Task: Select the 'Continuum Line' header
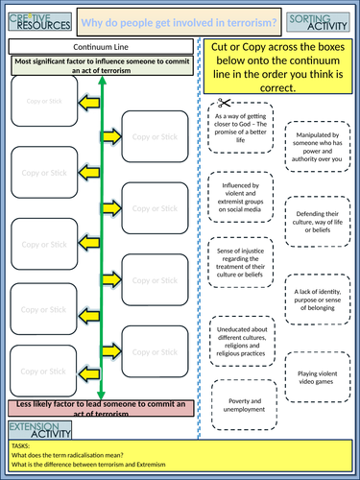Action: click(102, 45)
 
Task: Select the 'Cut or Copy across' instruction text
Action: click(279, 67)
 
